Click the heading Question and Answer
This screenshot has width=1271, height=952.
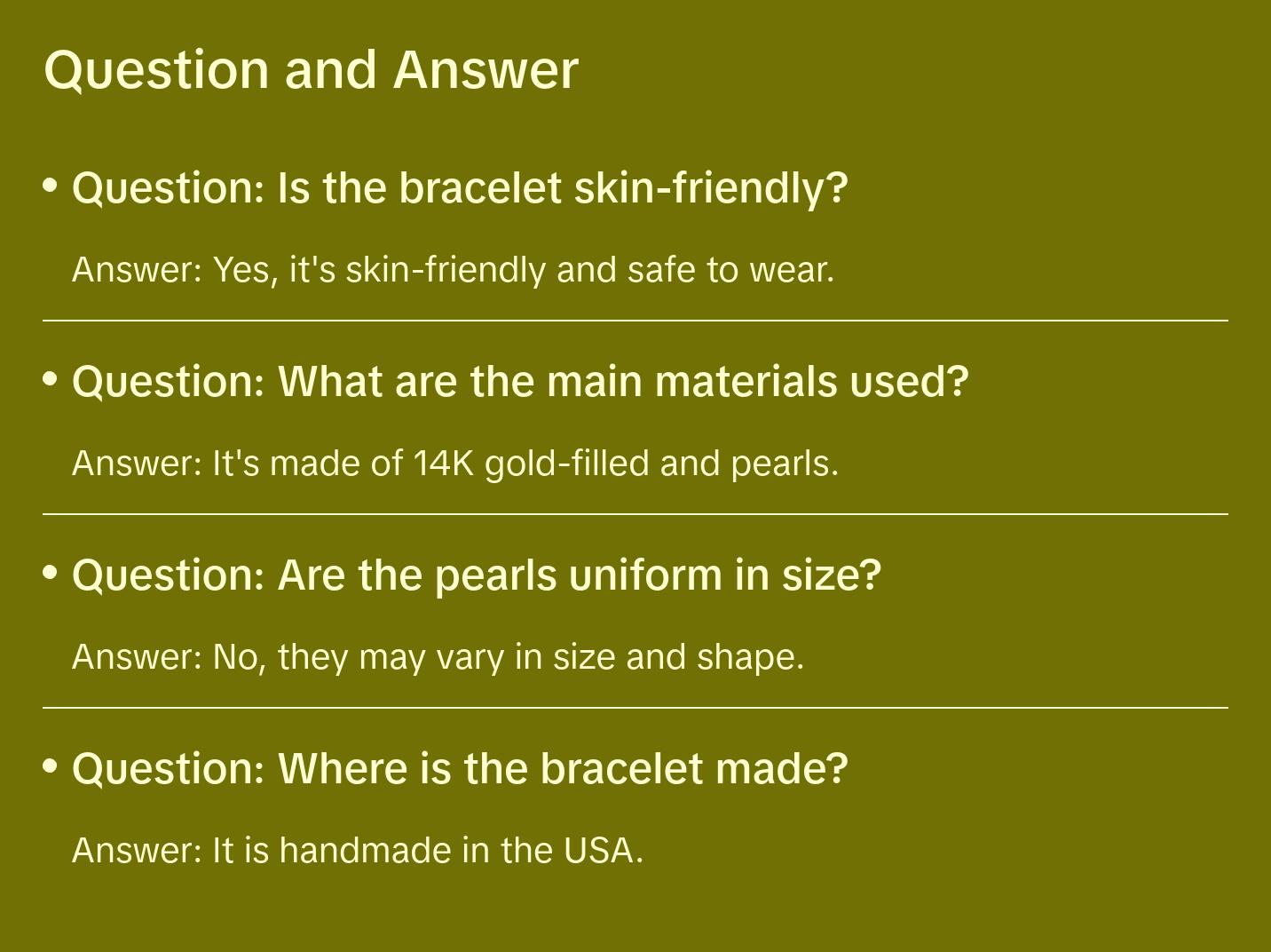coord(311,69)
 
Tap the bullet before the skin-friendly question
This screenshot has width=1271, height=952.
coord(51,186)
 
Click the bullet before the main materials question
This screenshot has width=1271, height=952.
coord(51,379)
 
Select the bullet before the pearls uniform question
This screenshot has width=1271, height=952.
coord(51,573)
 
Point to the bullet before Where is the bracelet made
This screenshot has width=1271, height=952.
coord(51,766)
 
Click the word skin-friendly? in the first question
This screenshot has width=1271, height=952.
coord(711,188)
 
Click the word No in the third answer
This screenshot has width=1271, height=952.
coord(238,657)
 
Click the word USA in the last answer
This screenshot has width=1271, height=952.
coord(599,851)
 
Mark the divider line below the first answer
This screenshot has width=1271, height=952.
coord(635,321)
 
